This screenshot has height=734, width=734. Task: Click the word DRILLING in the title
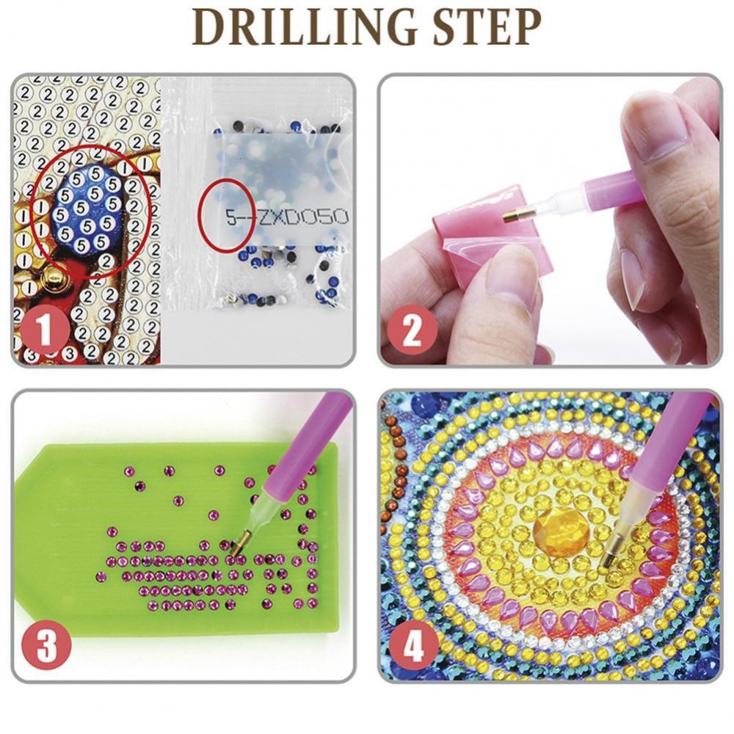point(304,27)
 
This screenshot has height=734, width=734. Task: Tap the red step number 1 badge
point(45,330)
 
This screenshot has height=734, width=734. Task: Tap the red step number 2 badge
point(413,330)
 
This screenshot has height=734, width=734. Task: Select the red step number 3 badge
point(46,646)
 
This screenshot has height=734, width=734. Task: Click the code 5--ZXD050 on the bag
point(287,217)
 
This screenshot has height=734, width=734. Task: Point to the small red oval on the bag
point(227,215)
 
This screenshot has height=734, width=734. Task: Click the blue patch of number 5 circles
point(87,209)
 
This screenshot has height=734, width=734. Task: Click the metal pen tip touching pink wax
point(516,214)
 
